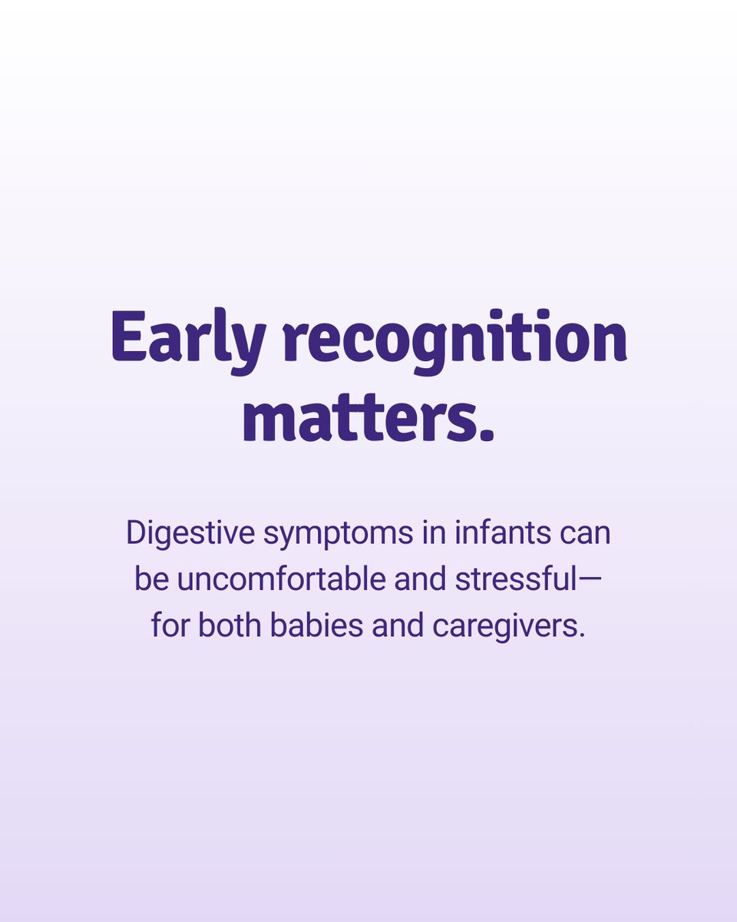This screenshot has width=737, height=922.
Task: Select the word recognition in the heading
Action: pos(456,338)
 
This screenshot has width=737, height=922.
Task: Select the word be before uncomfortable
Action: pos(151,579)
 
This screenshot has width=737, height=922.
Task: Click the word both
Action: pos(230,625)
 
